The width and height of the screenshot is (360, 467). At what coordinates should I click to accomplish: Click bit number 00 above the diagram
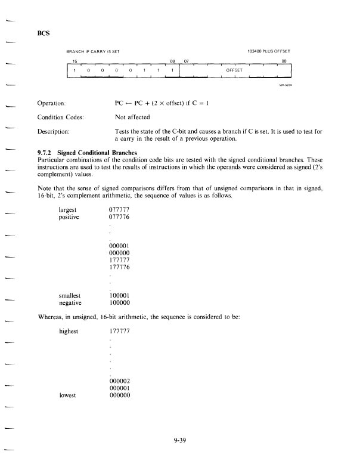click(284, 61)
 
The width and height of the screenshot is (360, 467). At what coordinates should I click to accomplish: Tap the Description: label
click(54, 131)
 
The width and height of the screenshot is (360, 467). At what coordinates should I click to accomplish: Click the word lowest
click(68, 395)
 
